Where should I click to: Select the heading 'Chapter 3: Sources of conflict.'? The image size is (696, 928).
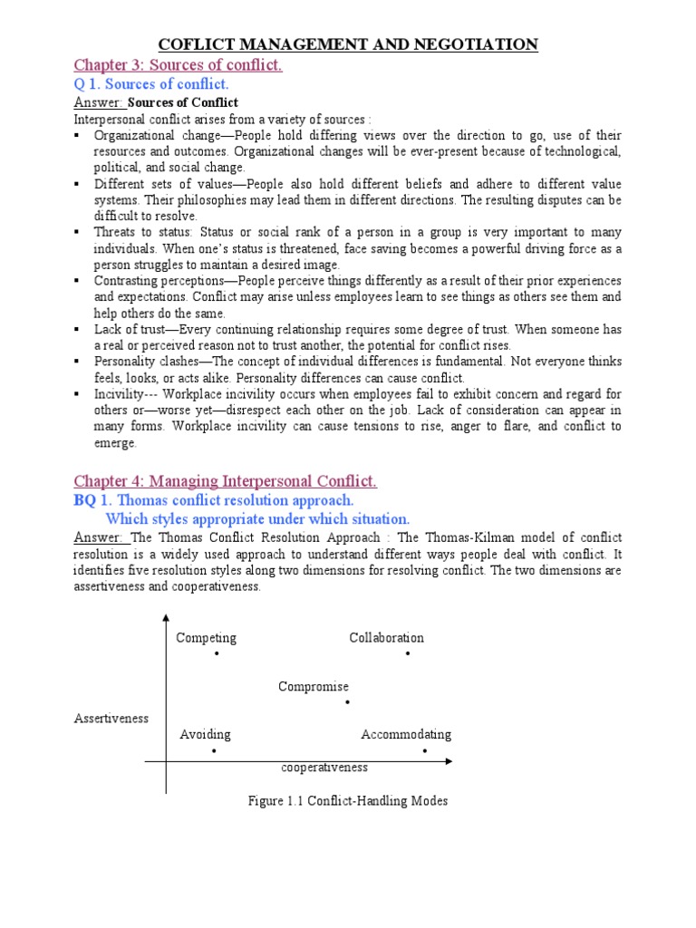(178, 65)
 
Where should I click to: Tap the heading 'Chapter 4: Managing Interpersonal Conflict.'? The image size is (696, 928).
(225, 481)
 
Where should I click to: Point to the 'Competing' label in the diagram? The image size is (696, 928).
(206, 638)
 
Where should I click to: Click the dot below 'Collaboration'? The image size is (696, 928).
(408, 653)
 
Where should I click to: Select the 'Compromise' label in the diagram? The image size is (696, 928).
(314, 687)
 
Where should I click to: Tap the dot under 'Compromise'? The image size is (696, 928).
(347, 702)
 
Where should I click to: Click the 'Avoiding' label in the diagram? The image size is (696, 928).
(205, 734)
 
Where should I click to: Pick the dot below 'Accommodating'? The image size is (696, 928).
(424, 750)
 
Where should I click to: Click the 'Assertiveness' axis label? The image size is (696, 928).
(111, 719)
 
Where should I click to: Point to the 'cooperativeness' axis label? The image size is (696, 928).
(324, 768)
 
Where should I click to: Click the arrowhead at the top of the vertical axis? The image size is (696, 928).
(165, 618)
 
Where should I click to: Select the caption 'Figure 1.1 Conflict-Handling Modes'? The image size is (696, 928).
(348, 801)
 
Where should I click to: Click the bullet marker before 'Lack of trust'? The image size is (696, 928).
(77, 329)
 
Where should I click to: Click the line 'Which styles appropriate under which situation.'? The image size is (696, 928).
(257, 519)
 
